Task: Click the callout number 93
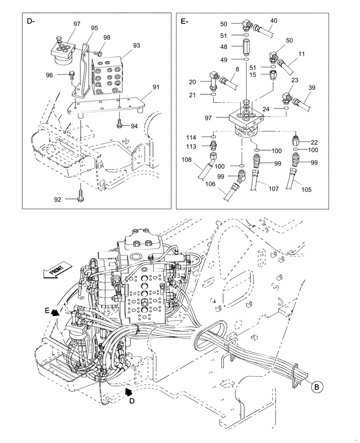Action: (136, 45)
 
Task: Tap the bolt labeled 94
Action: (120, 125)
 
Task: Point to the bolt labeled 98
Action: (99, 53)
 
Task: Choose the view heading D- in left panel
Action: (31, 21)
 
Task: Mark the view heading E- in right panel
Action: (184, 21)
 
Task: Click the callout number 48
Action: (223, 46)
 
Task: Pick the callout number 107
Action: (274, 189)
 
